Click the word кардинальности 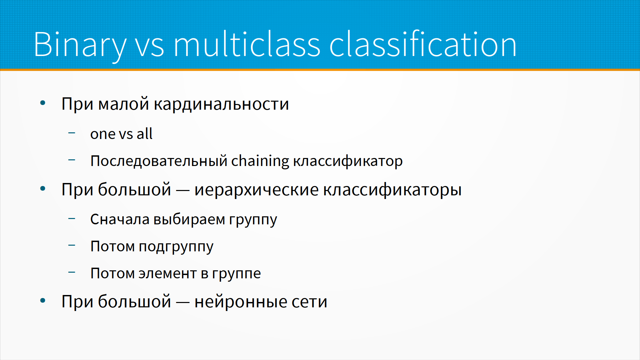(x=221, y=104)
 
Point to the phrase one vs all (x=121, y=134)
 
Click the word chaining (x=260, y=161)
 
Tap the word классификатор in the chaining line (x=348, y=162)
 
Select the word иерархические (x=257, y=190)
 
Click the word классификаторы (x=392, y=190)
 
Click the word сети (x=309, y=302)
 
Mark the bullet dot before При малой (x=43, y=103)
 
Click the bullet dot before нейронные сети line (x=43, y=301)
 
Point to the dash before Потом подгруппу (x=72, y=246)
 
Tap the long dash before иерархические (x=183, y=191)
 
